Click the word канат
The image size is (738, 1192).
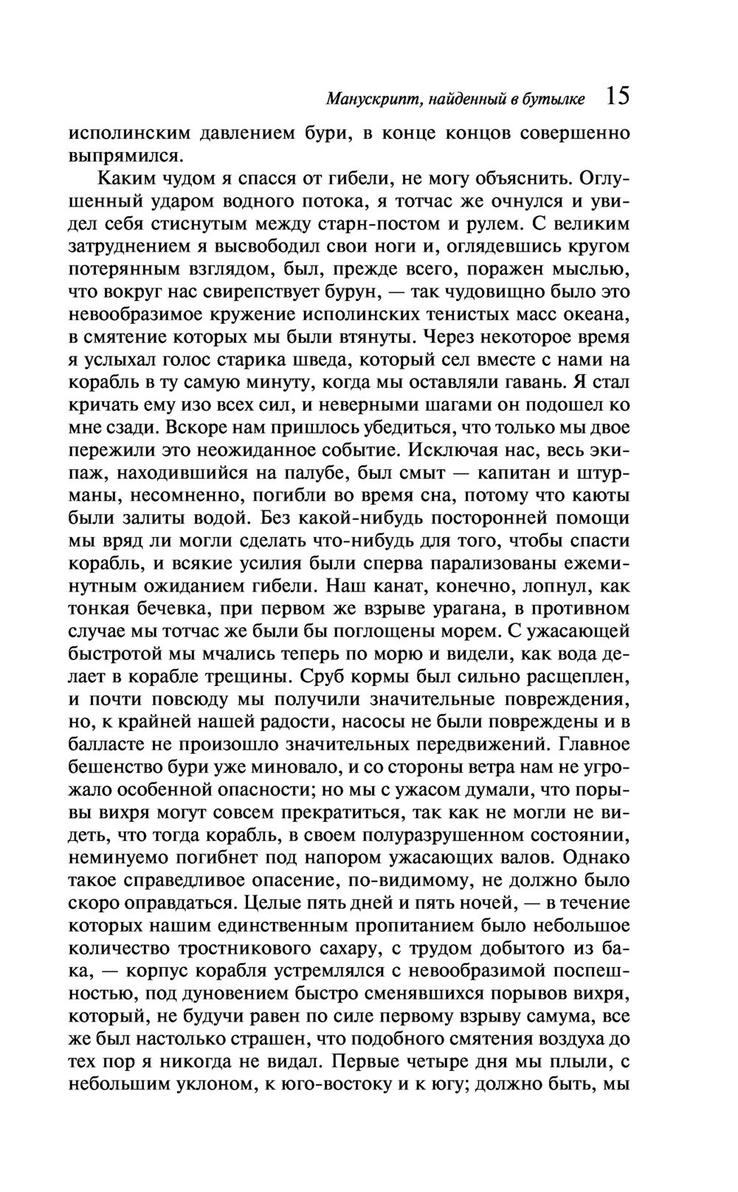(x=391, y=586)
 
